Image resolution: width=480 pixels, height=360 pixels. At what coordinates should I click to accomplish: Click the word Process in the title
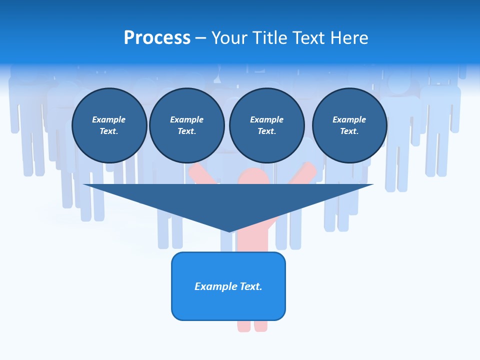coord(157,38)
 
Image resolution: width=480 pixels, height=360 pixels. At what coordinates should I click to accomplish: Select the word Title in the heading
coord(271,38)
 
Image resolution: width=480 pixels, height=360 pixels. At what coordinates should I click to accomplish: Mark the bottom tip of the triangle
coord(229,230)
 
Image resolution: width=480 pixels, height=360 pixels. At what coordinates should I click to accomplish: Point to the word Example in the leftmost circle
coord(109,119)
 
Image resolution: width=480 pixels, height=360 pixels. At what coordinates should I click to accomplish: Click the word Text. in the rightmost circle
coord(349,131)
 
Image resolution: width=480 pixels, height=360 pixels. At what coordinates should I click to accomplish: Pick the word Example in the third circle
coord(266,119)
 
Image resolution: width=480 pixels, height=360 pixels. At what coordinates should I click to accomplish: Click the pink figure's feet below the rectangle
coord(252,326)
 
